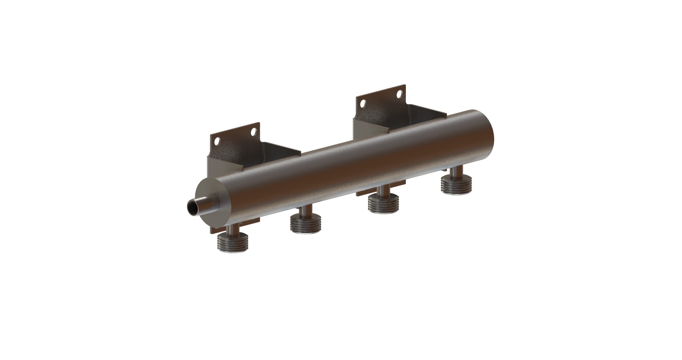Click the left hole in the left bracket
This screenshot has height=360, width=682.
coord(217,142)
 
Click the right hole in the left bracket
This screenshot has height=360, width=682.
coord(253,132)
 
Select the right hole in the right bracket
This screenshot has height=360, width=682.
coord(399,94)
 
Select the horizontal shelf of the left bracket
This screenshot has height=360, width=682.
coord(281,149)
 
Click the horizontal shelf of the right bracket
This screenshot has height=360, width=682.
coord(423,111)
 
